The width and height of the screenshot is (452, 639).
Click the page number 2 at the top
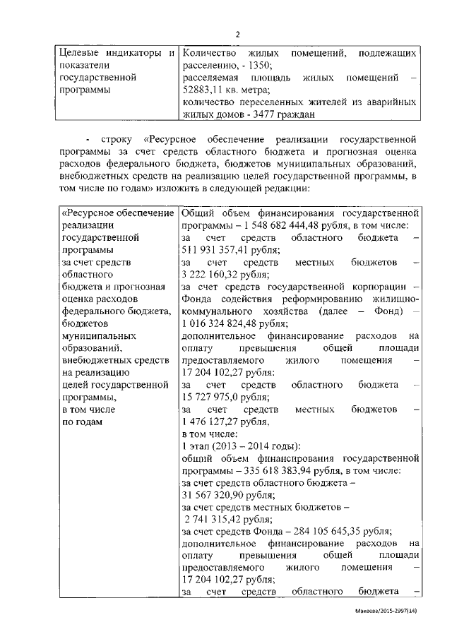coord(237,35)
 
